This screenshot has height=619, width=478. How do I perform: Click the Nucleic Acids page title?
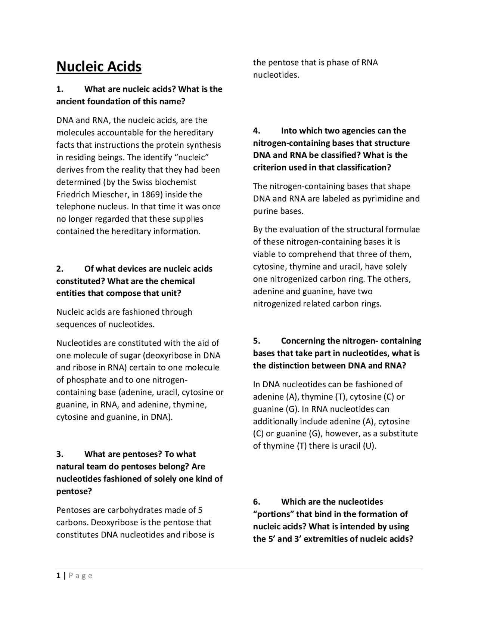[99, 67]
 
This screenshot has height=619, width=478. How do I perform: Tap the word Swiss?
[143, 182]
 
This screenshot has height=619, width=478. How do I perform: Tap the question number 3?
[60, 454]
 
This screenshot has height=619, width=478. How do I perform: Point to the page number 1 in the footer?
[58, 576]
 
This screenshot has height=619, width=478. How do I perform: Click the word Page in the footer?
[80, 576]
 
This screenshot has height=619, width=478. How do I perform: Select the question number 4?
[256, 131]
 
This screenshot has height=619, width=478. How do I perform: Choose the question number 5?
[256, 341]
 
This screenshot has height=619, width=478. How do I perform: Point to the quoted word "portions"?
[273, 514]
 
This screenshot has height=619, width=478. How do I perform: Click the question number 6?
[256, 502]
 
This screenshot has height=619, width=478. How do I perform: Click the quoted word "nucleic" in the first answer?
[191, 157]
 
